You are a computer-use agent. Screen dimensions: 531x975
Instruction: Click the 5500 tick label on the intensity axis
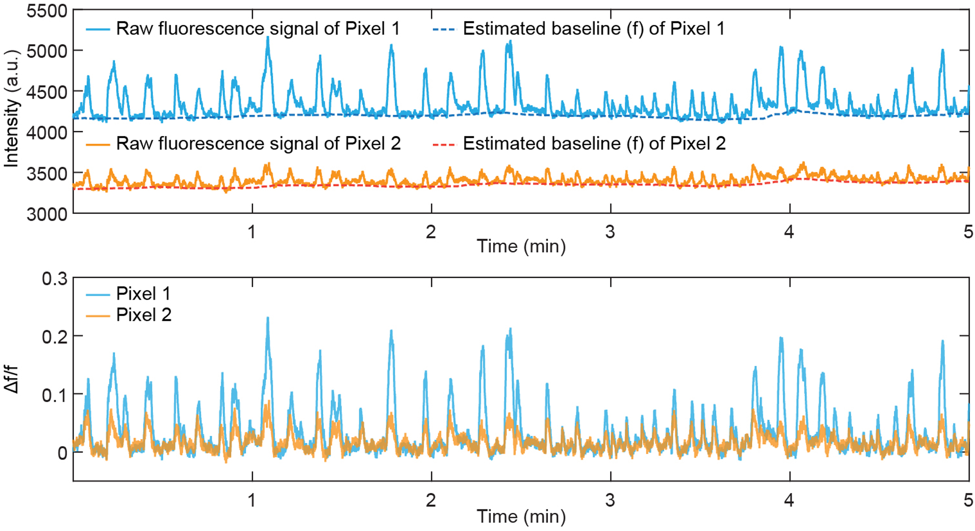(47, 11)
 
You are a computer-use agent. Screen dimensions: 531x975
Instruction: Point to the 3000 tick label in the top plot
(47, 214)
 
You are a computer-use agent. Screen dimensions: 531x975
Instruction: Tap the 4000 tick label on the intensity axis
(47, 133)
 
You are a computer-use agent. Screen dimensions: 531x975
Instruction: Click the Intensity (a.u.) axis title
(11, 108)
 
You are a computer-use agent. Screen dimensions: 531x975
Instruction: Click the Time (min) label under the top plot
(521, 246)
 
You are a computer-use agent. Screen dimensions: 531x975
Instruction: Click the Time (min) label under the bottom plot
(521, 517)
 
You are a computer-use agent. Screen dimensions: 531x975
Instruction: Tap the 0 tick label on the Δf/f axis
(62, 453)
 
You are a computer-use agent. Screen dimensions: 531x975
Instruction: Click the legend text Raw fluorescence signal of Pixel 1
(258, 29)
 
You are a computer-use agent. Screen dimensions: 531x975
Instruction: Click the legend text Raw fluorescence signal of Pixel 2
(258, 144)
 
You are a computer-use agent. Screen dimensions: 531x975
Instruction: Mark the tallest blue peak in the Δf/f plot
(268, 319)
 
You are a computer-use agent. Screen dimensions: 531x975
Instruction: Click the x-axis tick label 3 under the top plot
(610, 232)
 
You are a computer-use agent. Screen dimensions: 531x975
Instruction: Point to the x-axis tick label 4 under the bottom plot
(789, 501)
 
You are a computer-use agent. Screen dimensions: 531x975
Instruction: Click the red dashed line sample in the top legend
(444, 144)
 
